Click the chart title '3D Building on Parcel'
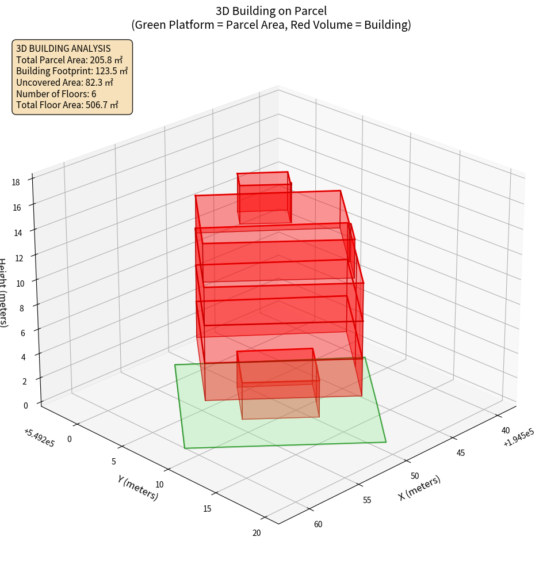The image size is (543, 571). [271, 11]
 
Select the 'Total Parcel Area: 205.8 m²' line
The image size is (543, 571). [69, 60]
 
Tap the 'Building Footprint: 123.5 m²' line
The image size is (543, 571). [72, 71]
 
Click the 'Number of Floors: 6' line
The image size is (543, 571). [56, 94]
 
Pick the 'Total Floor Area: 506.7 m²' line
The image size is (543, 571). [67, 105]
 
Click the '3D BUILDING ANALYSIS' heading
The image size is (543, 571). [63, 49]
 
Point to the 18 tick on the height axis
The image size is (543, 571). [16, 182]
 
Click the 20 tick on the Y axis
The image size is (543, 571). [257, 533]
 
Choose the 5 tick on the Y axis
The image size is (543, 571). [113, 462]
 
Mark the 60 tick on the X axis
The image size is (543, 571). [318, 524]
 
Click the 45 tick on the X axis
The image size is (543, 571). [461, 453]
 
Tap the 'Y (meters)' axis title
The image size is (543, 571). [137, 487]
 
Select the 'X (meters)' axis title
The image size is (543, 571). [419, 488]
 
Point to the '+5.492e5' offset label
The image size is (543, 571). [39, 438]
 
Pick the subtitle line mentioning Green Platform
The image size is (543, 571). [271, 25]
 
